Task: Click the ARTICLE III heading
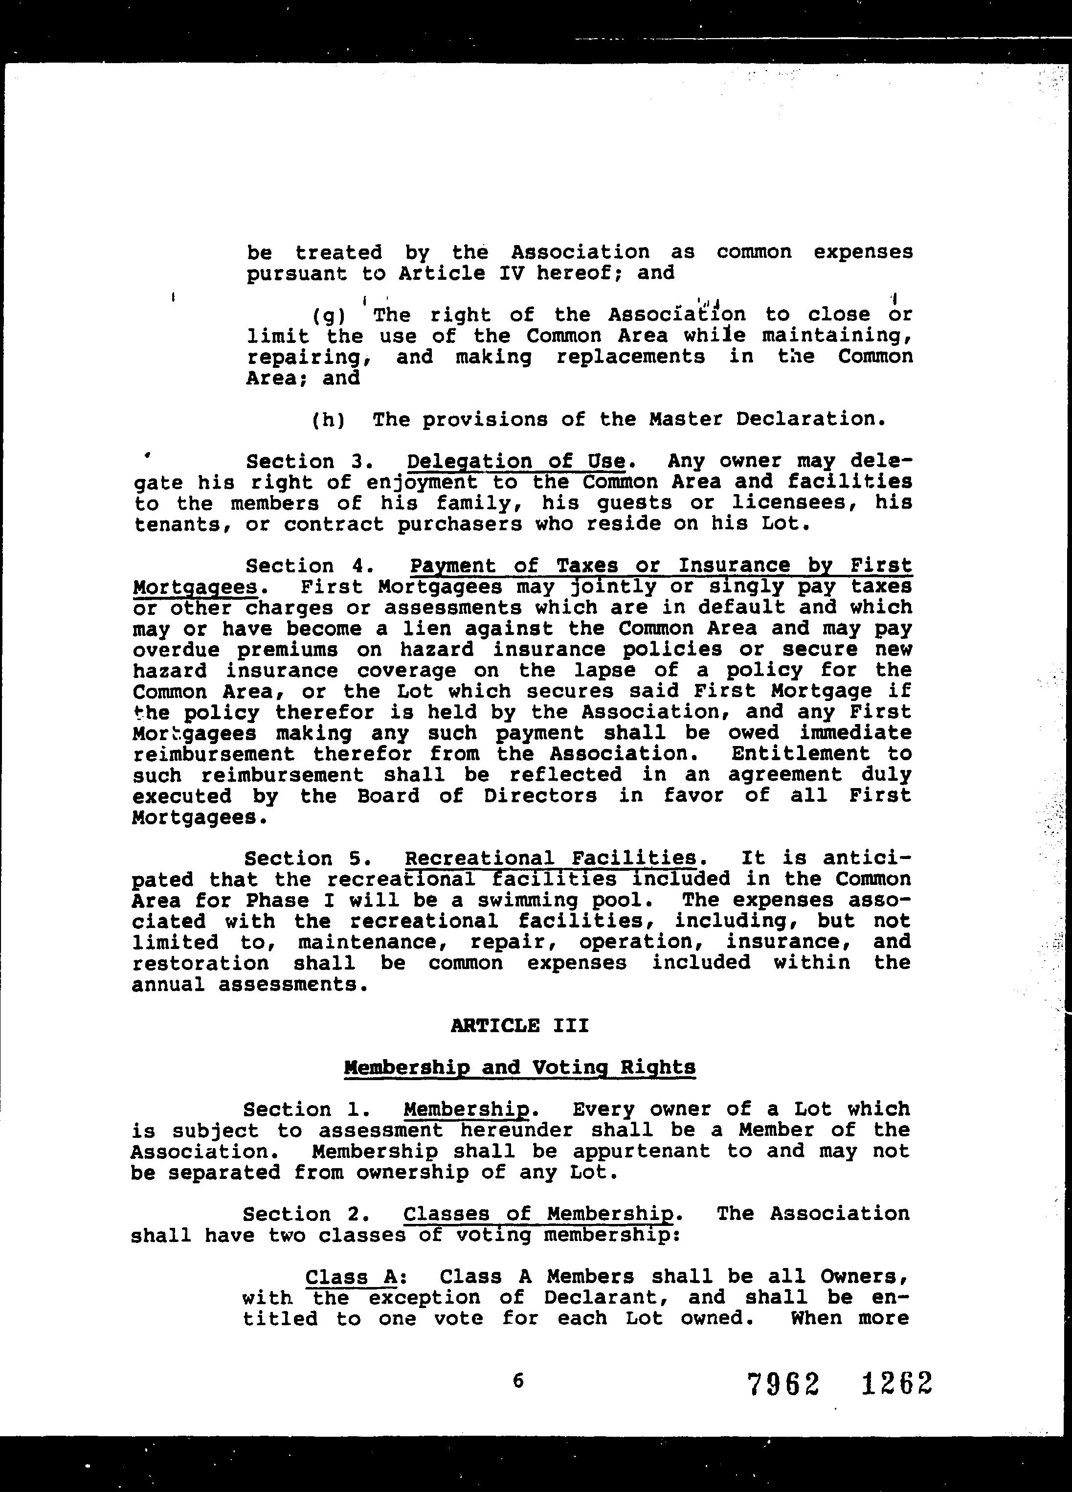pos(519,1026)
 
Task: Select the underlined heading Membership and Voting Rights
pos(519,1067)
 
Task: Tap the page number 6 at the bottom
pos(517,1381)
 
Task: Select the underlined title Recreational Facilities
pos(551,859)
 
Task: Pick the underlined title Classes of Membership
pos(538,1214)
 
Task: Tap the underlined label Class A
pos(351,1277)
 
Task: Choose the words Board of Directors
pos(477,796)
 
